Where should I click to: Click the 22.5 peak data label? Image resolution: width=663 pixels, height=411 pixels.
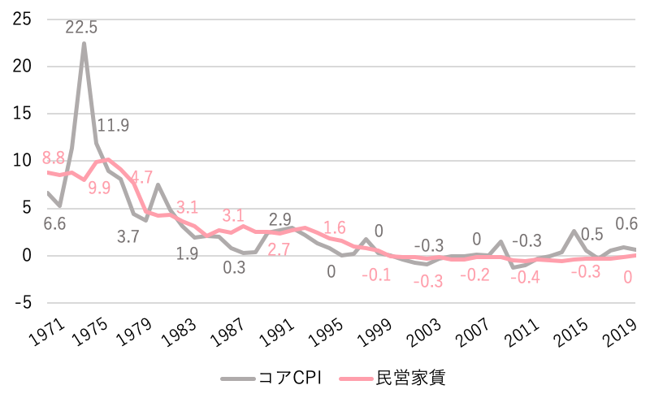[81, 28]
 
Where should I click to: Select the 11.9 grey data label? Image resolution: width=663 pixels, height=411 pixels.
[113, 126]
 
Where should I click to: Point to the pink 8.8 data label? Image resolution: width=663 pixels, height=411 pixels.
[54, 158]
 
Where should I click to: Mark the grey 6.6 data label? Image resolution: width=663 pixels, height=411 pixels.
[54, 223]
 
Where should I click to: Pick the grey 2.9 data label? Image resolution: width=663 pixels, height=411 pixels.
[280, 219]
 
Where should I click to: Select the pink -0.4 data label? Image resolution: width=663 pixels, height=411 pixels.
[526, 277]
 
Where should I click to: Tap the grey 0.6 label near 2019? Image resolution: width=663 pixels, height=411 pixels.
[626, 224]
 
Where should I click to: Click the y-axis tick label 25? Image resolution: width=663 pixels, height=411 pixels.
[22, 19]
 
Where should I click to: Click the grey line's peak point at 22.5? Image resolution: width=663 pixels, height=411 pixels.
[84, 43]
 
